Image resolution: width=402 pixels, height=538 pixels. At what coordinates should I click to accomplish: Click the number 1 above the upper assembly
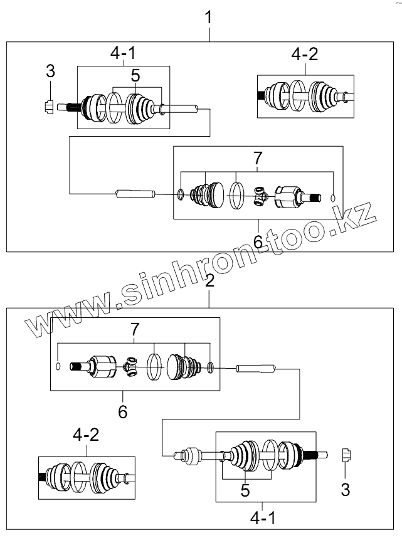point(208,18)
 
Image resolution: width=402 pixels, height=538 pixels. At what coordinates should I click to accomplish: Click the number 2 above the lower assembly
point(209,280)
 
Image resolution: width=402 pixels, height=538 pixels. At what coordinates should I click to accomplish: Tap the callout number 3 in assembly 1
point(50,71)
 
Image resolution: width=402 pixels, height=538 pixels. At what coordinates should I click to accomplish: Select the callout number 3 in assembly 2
point(346,490)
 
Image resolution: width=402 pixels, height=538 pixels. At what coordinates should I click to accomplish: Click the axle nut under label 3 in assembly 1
point(50,107)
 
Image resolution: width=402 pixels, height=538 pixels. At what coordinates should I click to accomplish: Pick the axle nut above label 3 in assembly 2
point(347,455)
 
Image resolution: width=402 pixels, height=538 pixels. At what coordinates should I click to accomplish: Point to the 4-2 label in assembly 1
point(305,55)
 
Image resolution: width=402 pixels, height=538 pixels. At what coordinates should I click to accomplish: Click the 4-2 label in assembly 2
point(86,435)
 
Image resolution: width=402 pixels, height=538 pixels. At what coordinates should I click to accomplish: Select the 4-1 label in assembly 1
point(124,53)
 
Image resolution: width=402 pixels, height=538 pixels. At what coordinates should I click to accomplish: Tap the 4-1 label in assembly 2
point(263,518)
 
